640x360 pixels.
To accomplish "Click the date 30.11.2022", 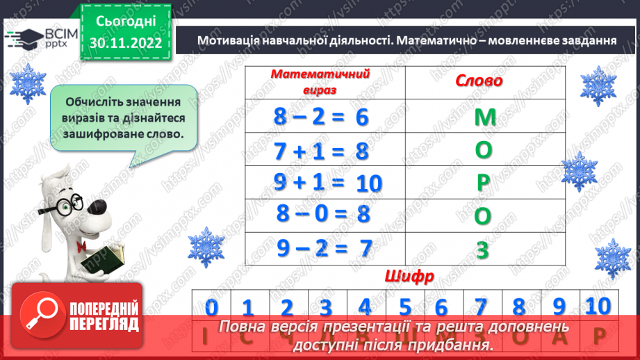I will [x=126, y=43].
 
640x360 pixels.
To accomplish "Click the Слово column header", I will [x=479, y=81].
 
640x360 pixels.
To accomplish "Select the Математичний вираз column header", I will [x=320, y=81].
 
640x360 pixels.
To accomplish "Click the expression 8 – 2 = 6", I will [x=320, y=117].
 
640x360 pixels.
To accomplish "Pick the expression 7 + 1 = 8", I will [x=320, y=151].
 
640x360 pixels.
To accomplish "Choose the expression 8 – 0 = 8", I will [x=320, y=214].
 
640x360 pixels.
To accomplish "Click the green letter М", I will [x=484, y=117].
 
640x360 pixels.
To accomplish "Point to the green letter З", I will [x=483, y=249].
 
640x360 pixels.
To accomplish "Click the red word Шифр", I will [x=409, y=276].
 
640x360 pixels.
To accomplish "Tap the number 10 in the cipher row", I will [x=597, y=305].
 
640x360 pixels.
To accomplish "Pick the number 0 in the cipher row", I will [x=212, y=306].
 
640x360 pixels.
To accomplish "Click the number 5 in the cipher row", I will [x=404, y=306].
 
